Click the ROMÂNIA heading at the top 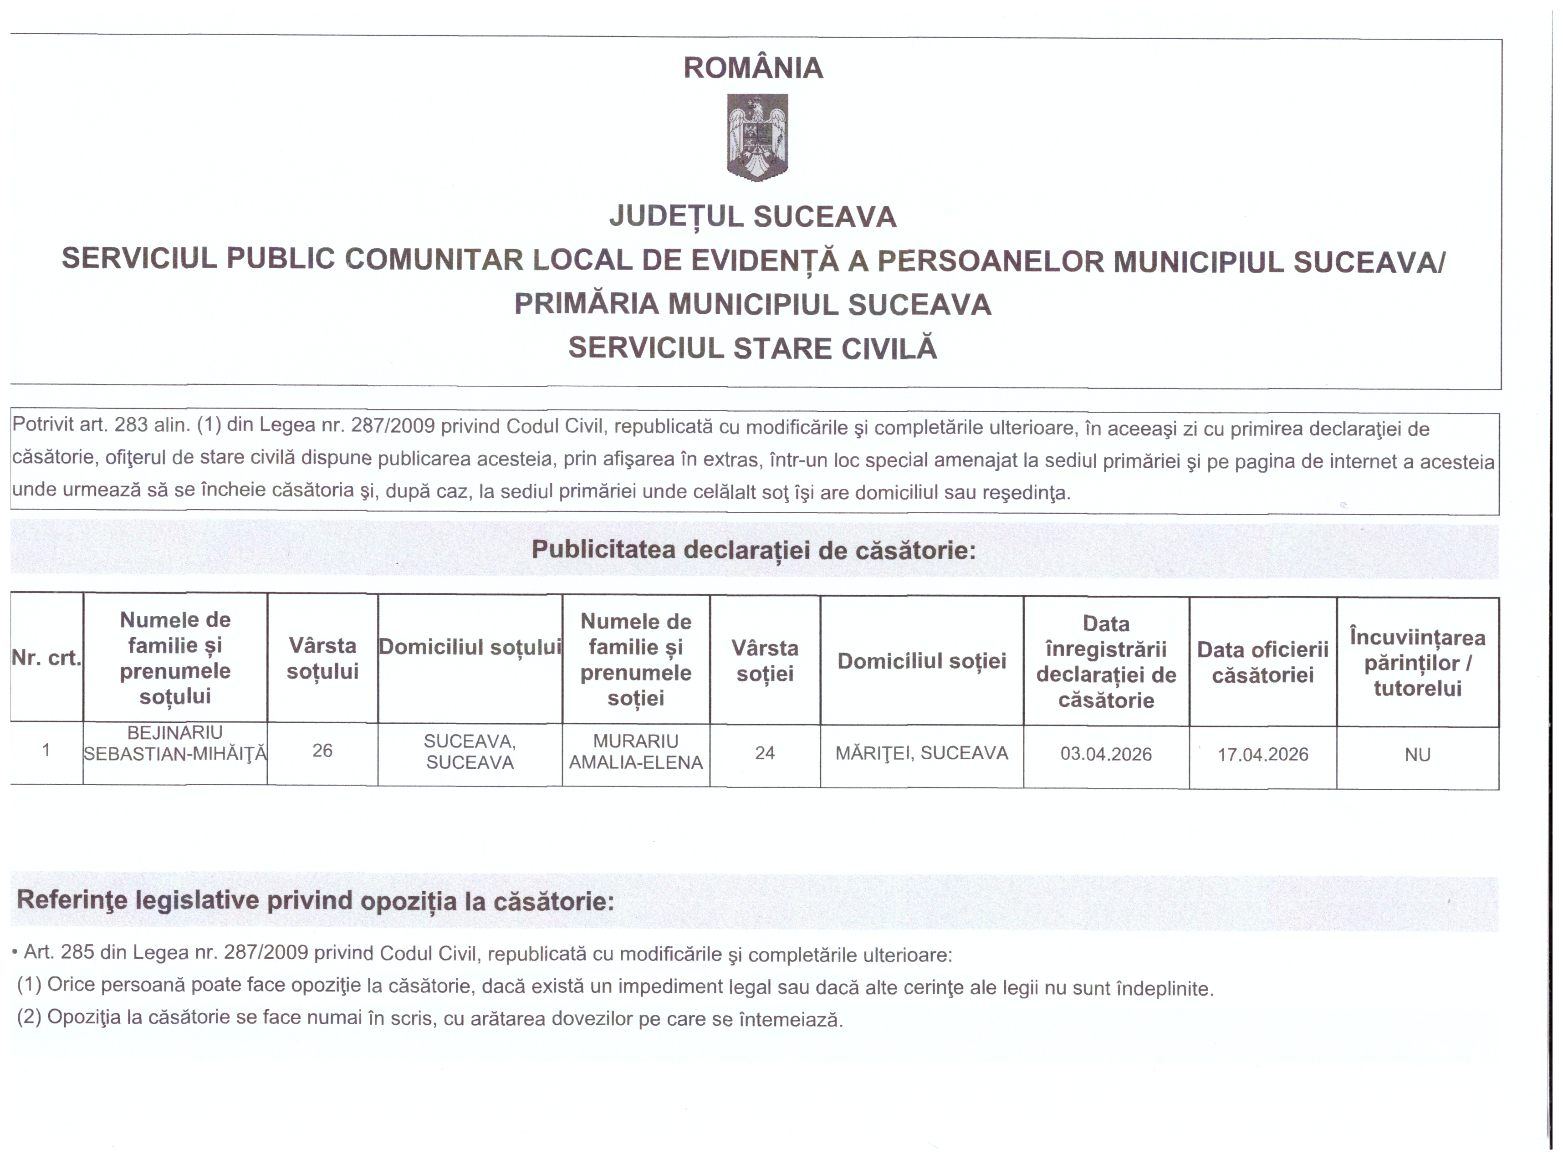click(753, 68)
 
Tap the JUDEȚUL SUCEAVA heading click(753, 217)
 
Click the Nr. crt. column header click(46, 658)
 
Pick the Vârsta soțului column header click(322, 658)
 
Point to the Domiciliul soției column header click(921, 661)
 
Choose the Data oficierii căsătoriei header click(1262, 662)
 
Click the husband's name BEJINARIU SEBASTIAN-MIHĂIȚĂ click(175, 744)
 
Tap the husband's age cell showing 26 click(322, 751)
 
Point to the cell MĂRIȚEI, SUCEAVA click(921, 753)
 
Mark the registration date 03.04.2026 click(1106, 754)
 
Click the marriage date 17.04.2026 click(1262, 755)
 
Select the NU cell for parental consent click(1417, 755)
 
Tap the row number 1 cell click(46, 750)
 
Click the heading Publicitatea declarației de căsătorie click(753, 550)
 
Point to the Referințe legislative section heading click(315, 901)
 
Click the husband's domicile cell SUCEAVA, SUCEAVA click(470, 752)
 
